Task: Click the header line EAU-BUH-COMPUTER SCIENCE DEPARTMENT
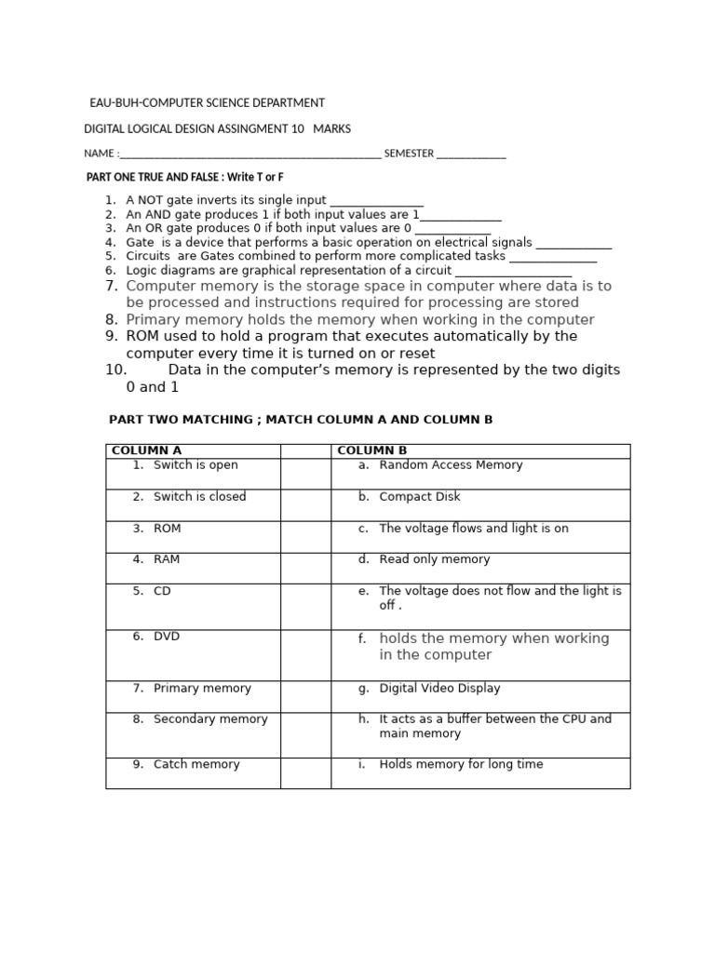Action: [207, 103]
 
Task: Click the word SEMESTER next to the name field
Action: [409, 154]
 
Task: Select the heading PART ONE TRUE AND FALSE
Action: [185, 177]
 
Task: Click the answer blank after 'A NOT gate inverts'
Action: [377, 202]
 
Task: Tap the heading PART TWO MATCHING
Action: [301, 420]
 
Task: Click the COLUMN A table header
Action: [146, 451]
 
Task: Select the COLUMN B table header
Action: [372, 451]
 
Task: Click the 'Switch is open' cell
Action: [196, 465]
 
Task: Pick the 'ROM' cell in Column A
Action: [168, 529]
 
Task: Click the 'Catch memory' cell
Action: [196, 765]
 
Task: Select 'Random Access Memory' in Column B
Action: [451, 465]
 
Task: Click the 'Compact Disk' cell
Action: [420, 497]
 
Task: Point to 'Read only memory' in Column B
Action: [434, 560]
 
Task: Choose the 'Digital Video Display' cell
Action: [439, 689]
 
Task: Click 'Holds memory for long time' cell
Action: [461, 765]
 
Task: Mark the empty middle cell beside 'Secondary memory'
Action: [305, 734]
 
